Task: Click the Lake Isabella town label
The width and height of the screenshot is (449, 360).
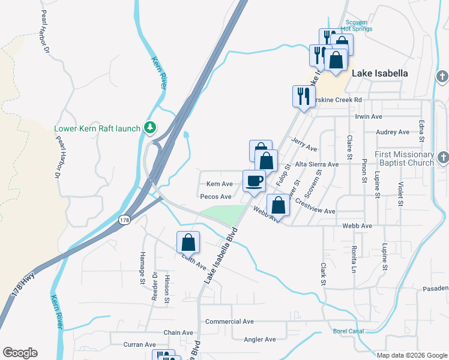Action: (x=379, y=73)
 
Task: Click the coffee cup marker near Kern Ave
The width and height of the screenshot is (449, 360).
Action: (x=254, y=181)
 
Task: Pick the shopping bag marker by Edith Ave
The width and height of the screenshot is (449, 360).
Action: (x=188, y=243)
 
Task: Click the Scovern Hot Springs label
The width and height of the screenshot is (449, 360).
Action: (x=357, y=25)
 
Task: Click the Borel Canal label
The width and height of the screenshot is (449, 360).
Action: (x=348, y=331)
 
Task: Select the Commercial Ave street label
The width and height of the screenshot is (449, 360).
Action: (x=229, y=322)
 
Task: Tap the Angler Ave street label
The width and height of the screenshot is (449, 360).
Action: (x=260, y=339)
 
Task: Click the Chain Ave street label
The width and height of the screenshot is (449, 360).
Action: (x=178, y=332)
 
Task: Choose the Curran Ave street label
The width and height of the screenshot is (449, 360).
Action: (x=140, y=344)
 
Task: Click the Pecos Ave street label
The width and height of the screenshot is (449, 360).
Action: (x=216, y=196)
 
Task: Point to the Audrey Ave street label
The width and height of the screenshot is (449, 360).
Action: (x=392, y=132)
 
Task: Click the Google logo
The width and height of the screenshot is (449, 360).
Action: (x=20, y=353)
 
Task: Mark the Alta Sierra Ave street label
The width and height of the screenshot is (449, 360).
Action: (x=316, y=164)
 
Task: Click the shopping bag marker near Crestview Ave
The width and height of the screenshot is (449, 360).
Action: (x=279, y=206)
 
